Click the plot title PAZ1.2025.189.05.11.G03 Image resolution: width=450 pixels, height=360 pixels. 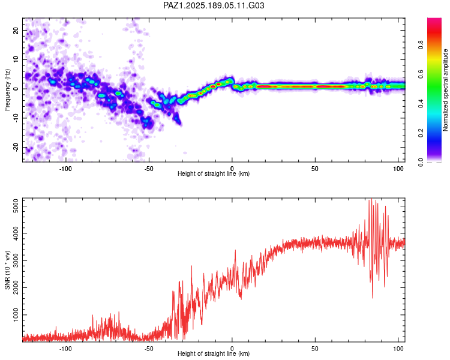click(214, 5)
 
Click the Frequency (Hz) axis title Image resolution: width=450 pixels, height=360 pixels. click(7, 89)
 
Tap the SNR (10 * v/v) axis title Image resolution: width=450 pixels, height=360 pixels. click(7, 270)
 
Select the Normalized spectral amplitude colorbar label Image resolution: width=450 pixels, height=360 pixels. click(445, 90)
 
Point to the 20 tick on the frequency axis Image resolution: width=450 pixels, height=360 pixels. click(16, 30)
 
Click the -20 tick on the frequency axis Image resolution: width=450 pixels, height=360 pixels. click(16, 147)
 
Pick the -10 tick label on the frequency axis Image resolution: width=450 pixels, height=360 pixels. click(16, 118)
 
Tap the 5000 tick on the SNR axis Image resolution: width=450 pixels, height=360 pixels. click(16, 206)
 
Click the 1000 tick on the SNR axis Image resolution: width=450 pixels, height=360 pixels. click(16, 315)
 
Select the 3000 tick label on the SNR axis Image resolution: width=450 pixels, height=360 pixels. click(16, 260)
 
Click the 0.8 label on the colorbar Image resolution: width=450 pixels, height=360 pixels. click(421, 45)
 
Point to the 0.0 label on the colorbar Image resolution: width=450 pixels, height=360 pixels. click(421, 162)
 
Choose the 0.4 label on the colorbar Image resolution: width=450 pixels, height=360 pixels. click(421, 104)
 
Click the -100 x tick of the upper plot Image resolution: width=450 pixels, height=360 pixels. click(65, 169)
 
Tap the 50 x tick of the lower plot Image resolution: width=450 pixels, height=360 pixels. click(315, 349)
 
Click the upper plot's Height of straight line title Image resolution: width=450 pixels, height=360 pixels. click(214, 173)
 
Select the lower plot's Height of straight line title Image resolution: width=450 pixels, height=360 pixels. click(214, 353)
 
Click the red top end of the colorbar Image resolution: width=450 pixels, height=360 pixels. click(434, 19)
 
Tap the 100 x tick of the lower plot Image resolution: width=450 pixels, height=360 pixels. click(398, 349)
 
